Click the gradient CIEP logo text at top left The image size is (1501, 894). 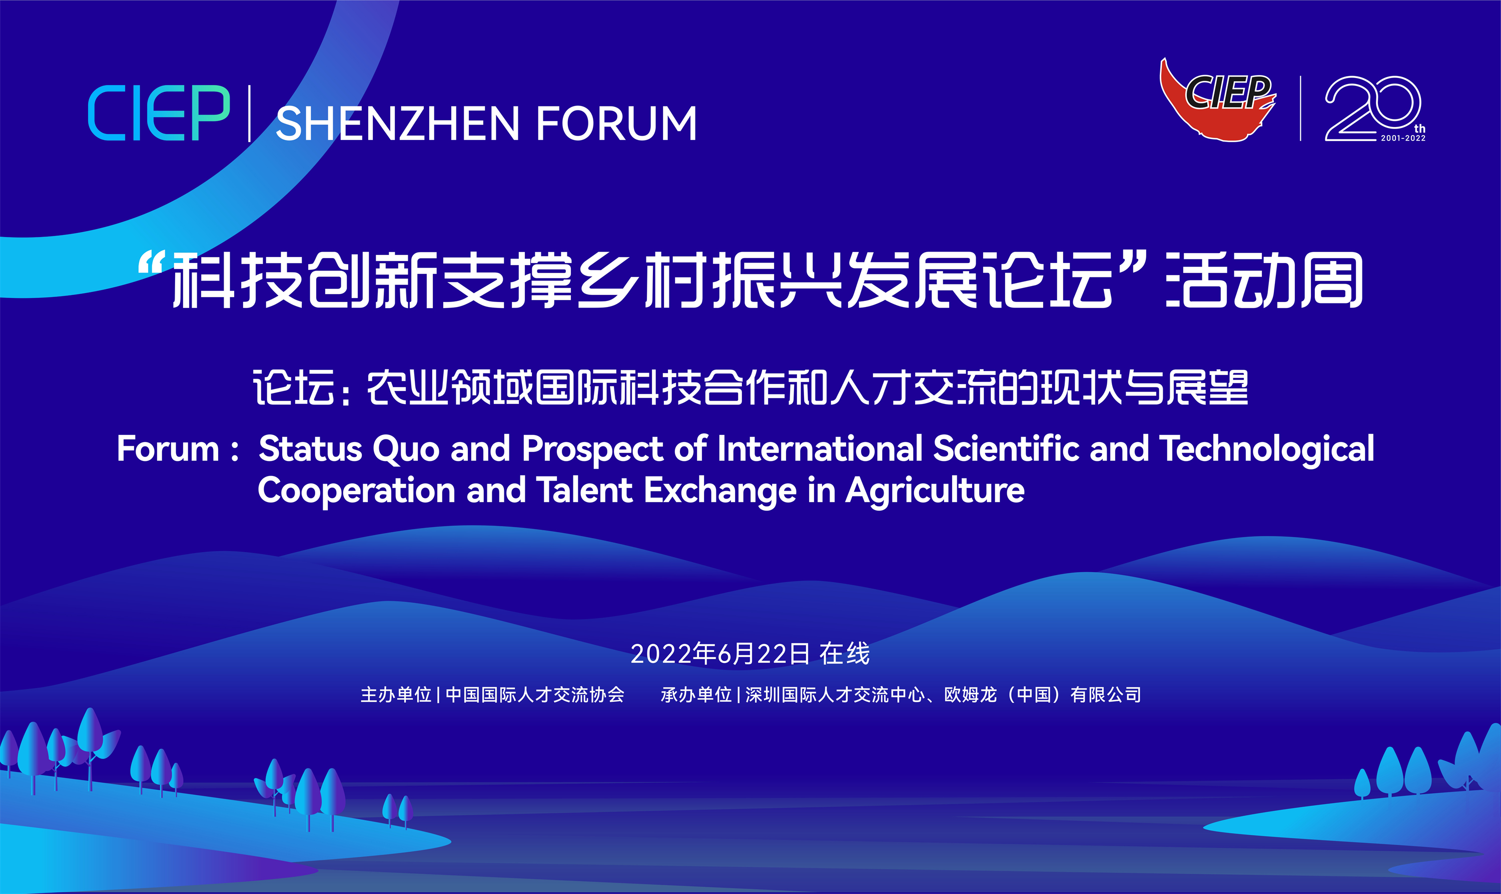click(x=159, y=113)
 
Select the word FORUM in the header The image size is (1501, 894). click(x=616, y=123)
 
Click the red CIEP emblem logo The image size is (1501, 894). click(x=1218, y=100)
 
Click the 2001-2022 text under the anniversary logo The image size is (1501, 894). click(x=1403, y=138)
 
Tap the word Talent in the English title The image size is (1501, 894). click(x=584, y=490)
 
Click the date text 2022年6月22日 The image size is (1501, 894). click(x=720, y=653)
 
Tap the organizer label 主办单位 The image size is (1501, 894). click(x=396, y=694)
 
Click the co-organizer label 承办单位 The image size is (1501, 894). click(x=696, y=694)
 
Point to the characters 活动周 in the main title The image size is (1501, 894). click(x=1264, y=280)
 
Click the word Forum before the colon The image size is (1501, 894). click(x=168, y=449)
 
